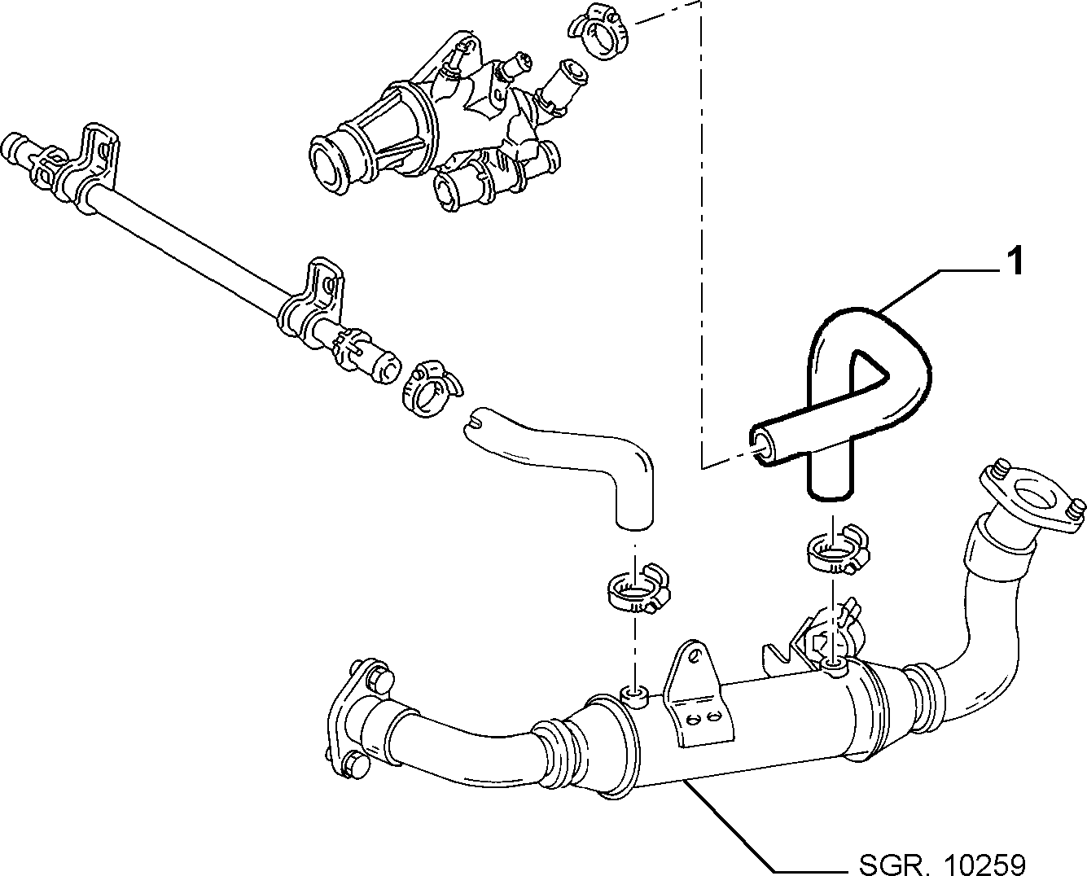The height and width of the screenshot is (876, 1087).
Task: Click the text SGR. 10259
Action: click(943, 861)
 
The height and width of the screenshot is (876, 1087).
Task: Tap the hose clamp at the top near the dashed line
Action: click(600, 35)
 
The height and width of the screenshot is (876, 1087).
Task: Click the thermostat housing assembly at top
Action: click(440, 126)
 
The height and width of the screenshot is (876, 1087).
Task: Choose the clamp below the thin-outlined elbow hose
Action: click(637, 588)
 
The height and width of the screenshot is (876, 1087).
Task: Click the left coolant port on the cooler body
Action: click(634, 697)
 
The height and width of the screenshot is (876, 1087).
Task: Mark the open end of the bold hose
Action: click(761, 445)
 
